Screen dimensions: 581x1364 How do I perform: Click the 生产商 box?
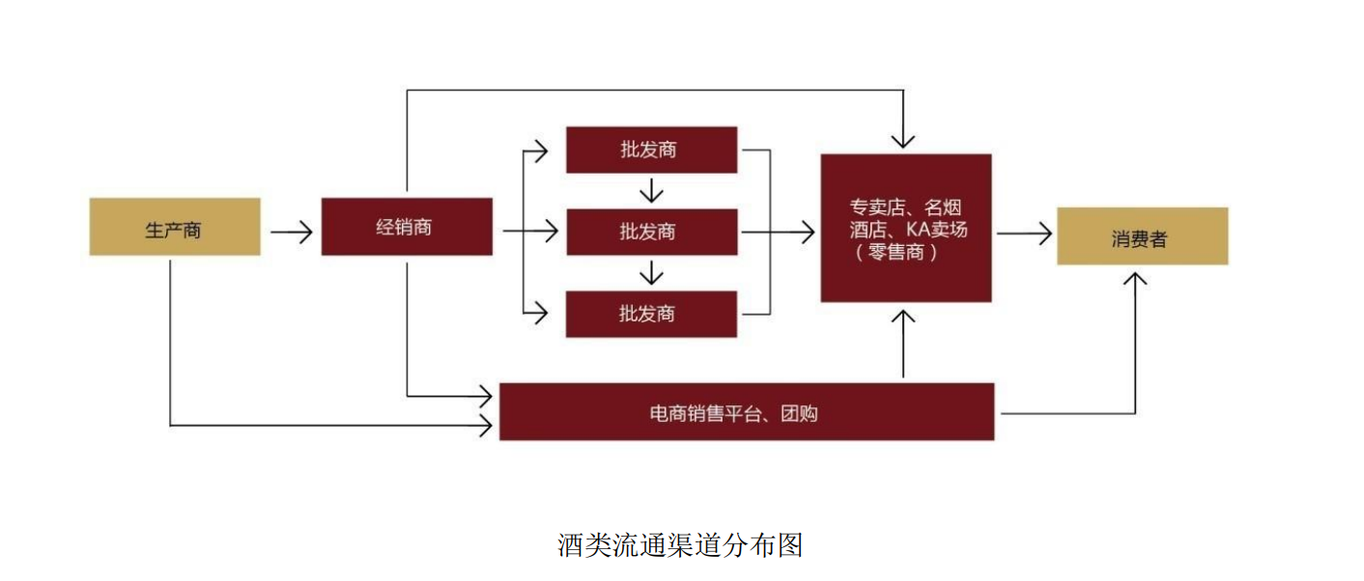[175, 227]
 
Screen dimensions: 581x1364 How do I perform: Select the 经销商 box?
[407, 227]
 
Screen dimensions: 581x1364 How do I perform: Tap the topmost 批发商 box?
[651, 150]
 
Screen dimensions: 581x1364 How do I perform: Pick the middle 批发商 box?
[651, 232]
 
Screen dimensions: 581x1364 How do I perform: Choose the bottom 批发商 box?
[651, 314]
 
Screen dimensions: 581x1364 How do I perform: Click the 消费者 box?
[1142, 236]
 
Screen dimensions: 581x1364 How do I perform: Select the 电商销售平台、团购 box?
[747, 412]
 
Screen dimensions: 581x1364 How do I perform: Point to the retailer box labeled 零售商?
[905, 228]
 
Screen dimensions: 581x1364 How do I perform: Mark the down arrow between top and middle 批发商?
[652, 193]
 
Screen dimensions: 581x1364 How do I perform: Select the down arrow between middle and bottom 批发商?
[652, 275]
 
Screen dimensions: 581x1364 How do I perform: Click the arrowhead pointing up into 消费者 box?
[1136, 279]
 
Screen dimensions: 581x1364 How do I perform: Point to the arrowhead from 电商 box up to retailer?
[903, 318]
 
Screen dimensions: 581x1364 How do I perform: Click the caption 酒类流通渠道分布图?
[680, 545]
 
